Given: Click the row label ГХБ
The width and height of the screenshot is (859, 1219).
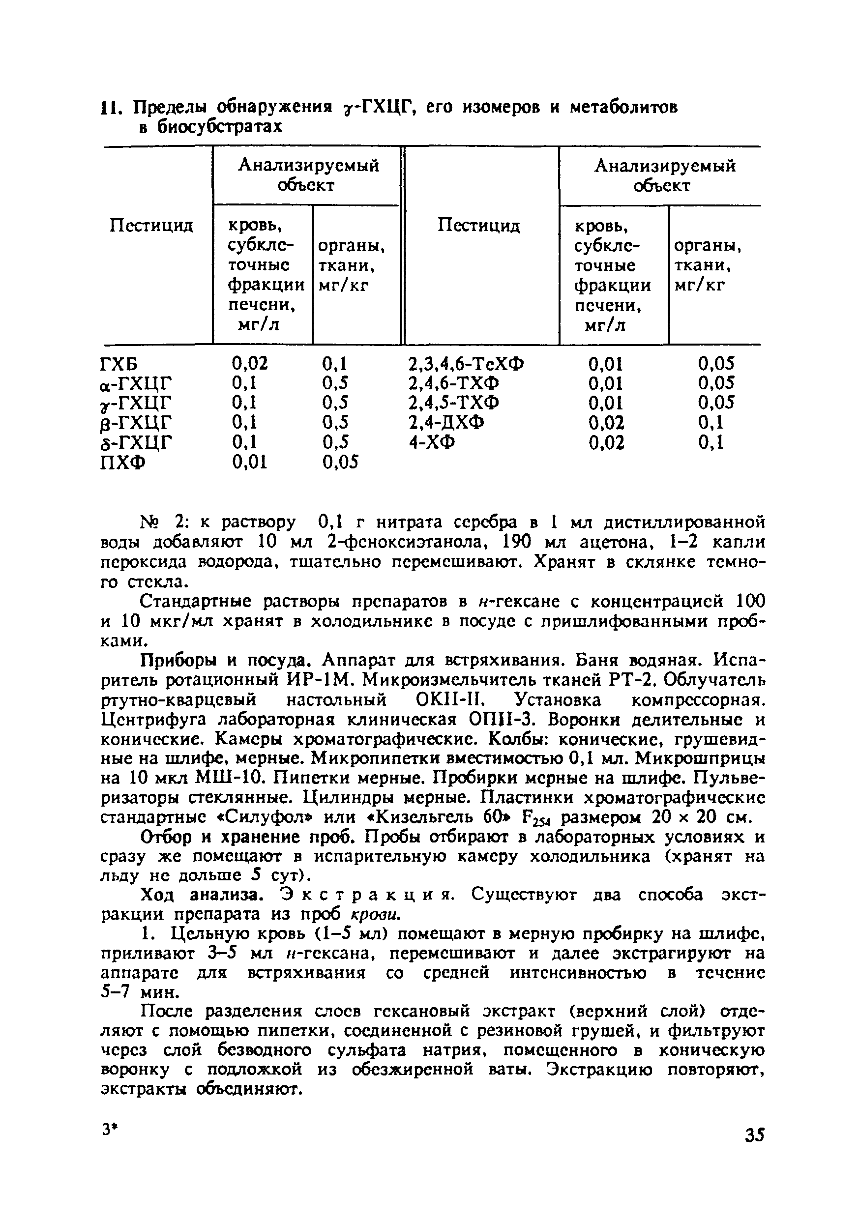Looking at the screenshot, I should point(118,364).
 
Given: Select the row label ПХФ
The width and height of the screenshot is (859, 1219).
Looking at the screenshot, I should point(121,463).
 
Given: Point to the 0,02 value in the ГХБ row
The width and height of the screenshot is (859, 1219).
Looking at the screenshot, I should point(250,364).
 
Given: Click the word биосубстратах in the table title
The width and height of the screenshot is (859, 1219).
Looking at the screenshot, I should point(210,128).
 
